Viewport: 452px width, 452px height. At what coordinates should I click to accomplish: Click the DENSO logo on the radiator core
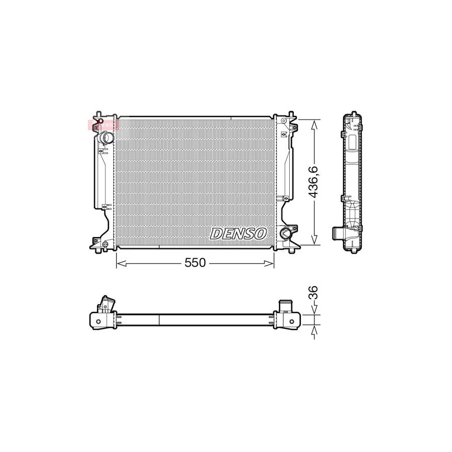tap(238, 233)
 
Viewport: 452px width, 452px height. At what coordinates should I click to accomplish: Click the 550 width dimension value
tap(195, 263)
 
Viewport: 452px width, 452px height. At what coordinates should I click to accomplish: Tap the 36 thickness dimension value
tap(313, 293)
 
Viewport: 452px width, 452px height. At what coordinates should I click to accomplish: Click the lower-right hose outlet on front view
tap(286, 234)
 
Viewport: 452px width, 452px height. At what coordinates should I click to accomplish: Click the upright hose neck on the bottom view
tap(285, 306)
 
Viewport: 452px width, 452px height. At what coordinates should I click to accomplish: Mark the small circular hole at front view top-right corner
tap(284, 121)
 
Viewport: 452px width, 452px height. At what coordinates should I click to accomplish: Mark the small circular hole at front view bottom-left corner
tap(105, 245)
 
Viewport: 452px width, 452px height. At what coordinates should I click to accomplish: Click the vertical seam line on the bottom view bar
tap(159, 320)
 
